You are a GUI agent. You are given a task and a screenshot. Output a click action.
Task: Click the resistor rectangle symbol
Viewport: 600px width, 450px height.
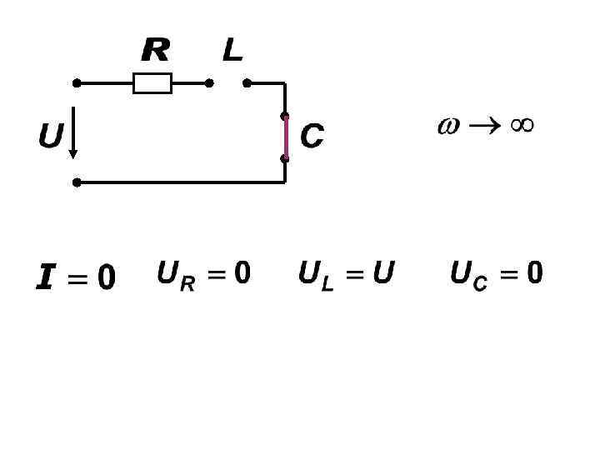[152, 83]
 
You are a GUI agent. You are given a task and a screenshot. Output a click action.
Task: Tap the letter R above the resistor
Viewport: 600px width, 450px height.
[155, 51]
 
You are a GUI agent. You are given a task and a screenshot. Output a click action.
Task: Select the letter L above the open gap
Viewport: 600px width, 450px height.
[232, 51]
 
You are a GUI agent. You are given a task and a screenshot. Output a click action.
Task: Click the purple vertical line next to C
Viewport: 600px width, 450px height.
[285, 137]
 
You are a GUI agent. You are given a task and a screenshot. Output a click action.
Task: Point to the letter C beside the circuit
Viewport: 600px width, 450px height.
[312, 137]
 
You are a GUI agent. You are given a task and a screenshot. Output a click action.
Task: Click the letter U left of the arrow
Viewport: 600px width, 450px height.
[51, 136]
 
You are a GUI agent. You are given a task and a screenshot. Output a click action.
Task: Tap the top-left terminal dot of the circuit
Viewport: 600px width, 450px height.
[77, 83]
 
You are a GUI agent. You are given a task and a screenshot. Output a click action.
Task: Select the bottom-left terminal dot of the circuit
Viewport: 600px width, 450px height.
[77, 182]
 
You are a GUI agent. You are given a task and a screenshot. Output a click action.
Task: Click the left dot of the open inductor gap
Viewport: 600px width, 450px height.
[209, 83]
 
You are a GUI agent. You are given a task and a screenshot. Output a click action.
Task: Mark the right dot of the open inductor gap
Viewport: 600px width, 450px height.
[247, 83]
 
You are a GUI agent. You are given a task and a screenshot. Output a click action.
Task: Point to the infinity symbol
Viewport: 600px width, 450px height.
[522, 125]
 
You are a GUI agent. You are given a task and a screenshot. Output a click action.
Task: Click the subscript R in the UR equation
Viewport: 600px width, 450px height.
[187, 284]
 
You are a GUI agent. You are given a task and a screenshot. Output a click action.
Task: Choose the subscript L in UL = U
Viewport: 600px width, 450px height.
[327, 284]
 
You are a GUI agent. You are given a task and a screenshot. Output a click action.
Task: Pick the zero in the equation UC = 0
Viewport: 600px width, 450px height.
[534, 272]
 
